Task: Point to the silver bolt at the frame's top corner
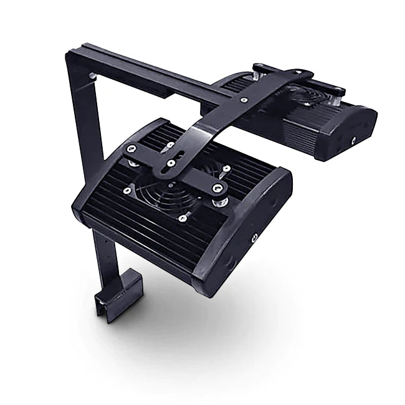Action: (x=93, y=76)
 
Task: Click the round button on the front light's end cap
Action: (x=255, y=237)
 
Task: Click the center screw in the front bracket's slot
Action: (x=171, y=163)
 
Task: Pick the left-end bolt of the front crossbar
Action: (x=131, y=150)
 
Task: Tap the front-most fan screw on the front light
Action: (x=182, y=217)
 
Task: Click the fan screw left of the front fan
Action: (x=127, y=189)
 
